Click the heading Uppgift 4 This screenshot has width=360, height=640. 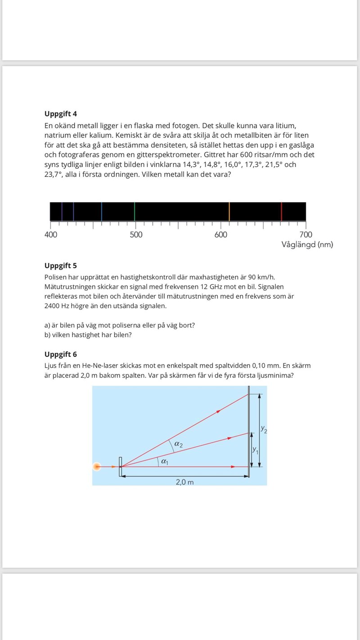[x=61, y=114]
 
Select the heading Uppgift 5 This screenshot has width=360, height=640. [x=61, y=266]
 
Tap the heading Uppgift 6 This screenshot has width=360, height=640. [x=61, y=354]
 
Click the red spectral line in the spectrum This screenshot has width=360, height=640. [x=281, y=212]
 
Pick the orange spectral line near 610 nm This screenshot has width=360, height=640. [x=229, y=212]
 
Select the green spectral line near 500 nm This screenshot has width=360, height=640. [x=135, y=212]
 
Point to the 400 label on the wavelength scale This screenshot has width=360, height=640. [x=51, y=234]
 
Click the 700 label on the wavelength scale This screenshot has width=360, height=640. [x=306, y=234]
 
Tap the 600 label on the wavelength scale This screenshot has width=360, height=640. [x=221, y=234]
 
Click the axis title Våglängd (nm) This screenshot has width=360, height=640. [x=307, y=245]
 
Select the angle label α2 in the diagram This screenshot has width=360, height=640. [x=178, y=444]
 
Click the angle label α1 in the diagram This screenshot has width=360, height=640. [x=165, y=461]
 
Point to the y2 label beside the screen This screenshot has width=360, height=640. [x=264, y=430]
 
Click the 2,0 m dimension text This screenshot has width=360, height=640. [x=184, y=482]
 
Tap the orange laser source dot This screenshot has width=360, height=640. [x=97, y=467]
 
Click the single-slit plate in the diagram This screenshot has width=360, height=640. [x=120, y=467]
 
